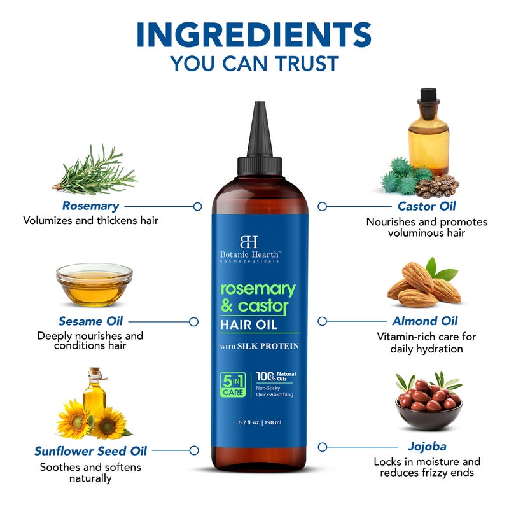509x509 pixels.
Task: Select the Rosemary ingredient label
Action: (x=90, y=206)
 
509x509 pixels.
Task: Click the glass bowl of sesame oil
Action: (x=94, y=284)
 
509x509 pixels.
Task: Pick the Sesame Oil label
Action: (x=90, y=321)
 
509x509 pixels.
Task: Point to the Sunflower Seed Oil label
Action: (x=90, y=451)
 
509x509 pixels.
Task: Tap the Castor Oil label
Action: (x=426, y=206)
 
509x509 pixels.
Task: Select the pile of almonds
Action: (x=421, y=284)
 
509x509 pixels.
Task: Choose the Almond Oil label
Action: (x=425, y=321)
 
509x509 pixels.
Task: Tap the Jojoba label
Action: (x=426, y=447)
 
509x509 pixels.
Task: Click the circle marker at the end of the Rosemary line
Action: (x=197, y=206)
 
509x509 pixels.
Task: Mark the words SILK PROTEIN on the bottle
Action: (x=270, y=346)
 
